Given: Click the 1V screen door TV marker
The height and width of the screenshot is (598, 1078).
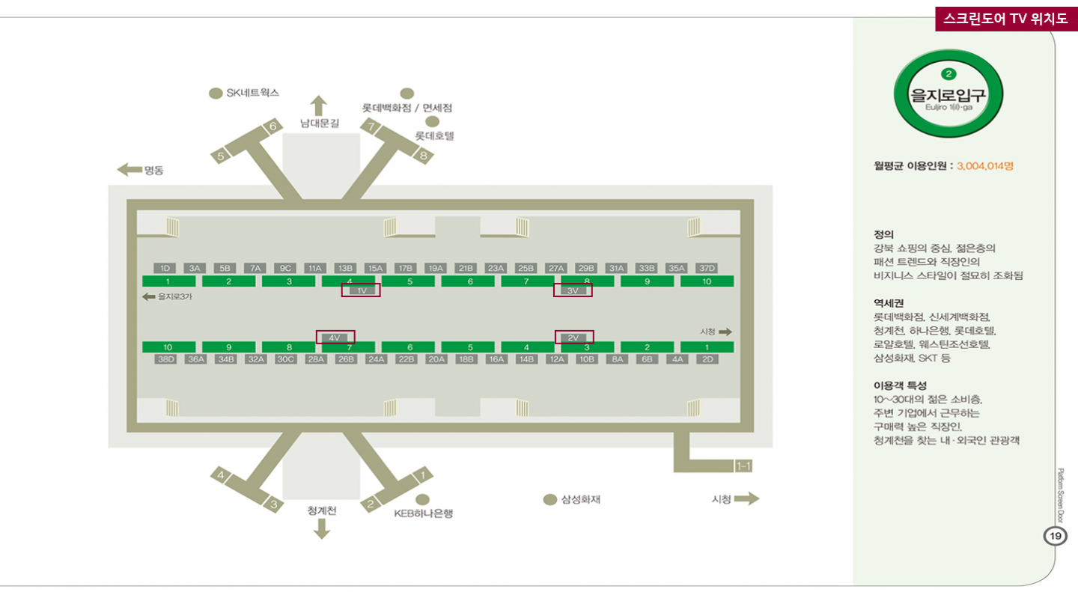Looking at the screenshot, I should coord(361,290).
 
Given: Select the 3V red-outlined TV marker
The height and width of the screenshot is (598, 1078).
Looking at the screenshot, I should coord(573,290).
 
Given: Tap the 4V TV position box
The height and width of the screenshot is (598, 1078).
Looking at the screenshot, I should coord(335,338).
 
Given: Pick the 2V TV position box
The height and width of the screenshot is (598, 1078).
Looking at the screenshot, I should coord(574,338).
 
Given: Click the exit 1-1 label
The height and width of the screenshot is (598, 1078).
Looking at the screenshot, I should coord(743,466).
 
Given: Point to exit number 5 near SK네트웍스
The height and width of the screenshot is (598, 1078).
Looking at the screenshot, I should coord(221,156).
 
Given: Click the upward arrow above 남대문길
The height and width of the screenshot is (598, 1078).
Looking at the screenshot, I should coord(320,105).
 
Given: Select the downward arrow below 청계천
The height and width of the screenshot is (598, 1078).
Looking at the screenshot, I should coord(322,529).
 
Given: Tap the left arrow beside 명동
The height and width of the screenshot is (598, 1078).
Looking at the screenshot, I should coord(130,170).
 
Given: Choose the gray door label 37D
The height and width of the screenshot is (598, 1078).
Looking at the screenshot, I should coord(707,268).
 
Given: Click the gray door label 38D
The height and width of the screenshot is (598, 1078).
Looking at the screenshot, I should coord(165,359).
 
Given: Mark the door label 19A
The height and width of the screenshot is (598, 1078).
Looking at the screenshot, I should coord(435,268).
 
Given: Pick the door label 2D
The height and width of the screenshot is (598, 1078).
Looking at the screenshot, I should coord(707,359).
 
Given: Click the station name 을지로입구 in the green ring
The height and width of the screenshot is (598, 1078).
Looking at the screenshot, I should coord(948,94).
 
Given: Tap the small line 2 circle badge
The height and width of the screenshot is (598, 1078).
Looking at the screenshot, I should coord(948,74).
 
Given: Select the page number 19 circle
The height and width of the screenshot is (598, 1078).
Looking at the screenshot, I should coord(1055,536).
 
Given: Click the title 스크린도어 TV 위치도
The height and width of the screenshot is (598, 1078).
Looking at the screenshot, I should coord(1005,19).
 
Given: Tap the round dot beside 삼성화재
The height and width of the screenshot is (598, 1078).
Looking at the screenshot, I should coord(550,499).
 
